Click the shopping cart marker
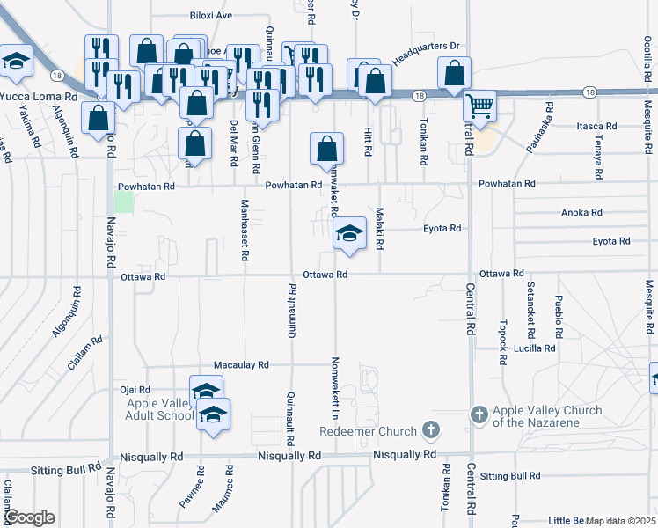pos(479,106)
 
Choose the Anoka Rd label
pos(581,213)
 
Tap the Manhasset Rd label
pos(244,230)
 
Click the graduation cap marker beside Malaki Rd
pos(349,234)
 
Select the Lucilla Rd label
pos(537,348)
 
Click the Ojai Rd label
pos(135,389)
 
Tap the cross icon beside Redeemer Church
pos(429,429)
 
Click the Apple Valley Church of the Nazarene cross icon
pos(479,414)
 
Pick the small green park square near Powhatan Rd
pos(124,202)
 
